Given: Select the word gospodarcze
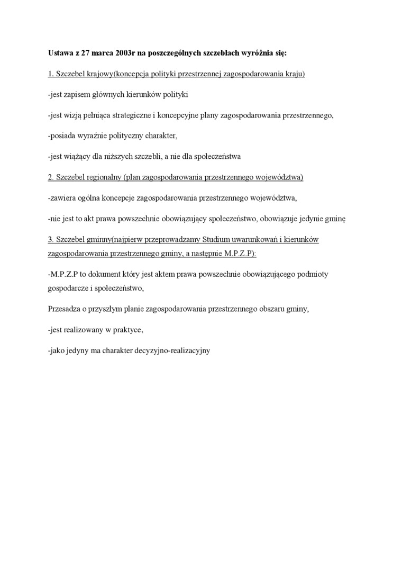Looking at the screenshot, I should coord(67,289).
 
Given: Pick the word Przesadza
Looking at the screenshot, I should coord(63,310).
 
